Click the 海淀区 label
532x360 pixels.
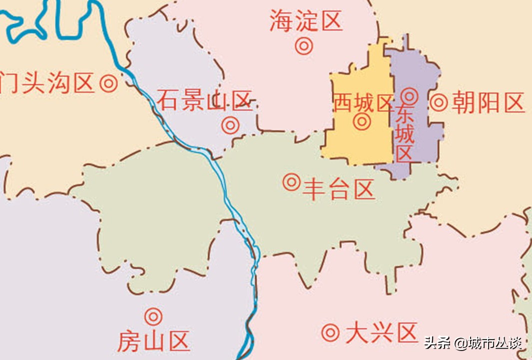306,21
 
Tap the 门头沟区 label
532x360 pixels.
47,83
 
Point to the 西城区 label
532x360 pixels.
363,103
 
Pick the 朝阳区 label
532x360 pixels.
488,103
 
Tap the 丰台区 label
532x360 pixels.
339,190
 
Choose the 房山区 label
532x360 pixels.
153,342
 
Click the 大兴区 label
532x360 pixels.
381,333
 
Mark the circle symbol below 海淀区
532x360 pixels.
304,46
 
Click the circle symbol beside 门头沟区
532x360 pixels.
108,83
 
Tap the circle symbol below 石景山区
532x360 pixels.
230,125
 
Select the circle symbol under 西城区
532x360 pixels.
361,121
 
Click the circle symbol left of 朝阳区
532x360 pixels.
439,102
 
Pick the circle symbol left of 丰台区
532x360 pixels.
291,182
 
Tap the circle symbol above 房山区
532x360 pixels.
153,316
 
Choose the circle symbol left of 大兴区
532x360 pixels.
330,332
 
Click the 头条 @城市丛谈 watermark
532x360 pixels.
473,343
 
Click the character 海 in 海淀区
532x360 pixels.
281,21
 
